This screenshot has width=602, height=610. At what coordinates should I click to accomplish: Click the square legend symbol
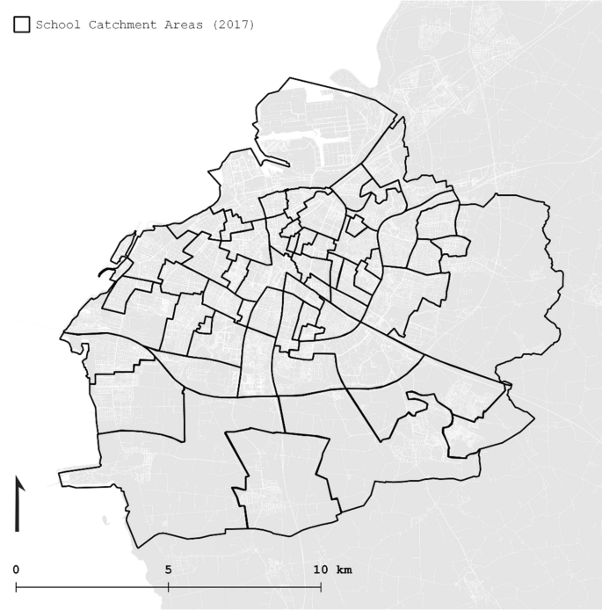tap(22, 25)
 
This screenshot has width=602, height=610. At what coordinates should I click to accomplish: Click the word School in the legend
tap(57, 25)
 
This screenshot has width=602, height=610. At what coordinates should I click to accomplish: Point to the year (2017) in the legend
tap(233, 25)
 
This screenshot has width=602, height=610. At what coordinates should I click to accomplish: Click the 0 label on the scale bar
tap(16, 570)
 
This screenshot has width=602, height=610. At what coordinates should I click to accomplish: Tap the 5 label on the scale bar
tap(168, 570)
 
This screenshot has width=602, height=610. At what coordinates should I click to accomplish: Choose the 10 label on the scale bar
tap(319, 570)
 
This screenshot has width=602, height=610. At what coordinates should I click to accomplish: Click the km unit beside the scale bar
tap(344, 570)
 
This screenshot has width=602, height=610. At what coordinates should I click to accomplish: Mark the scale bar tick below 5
tap(168, 585)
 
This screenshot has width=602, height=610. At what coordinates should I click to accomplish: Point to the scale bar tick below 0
tap(16, 585)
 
